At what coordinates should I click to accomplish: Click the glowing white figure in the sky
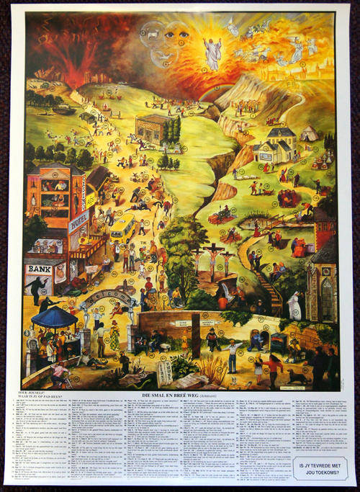point(212,52)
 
